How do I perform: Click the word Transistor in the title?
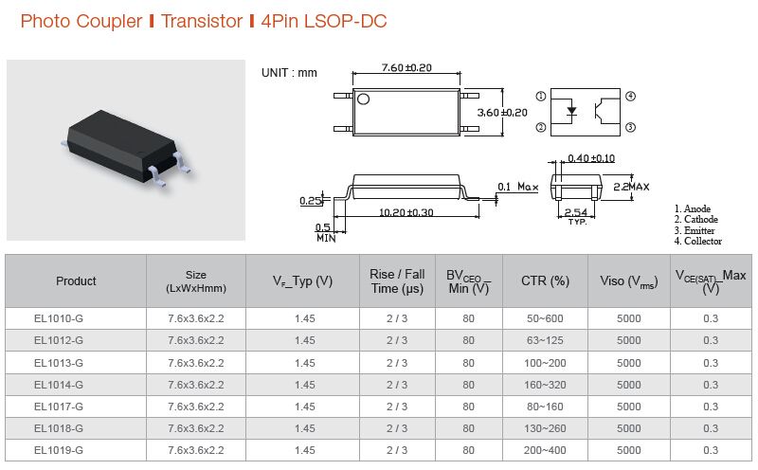pos(202,21)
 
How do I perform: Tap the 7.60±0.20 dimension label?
pos(406,67)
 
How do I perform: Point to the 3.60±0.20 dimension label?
pos(502,113)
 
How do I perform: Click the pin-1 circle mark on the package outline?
pos(363,99)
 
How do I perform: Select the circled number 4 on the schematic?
pos(630,97)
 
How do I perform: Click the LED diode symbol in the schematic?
pos(571,111)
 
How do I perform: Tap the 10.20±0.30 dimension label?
pos(406,212)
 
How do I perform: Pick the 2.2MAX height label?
pos(631,187)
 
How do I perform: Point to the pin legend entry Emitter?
pos(695,230)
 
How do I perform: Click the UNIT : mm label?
pos(289,73)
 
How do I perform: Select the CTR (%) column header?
pos(545,280)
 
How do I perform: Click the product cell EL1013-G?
pos(59,363)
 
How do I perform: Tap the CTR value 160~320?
pos(545,385)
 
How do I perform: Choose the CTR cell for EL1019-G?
pos(545,450)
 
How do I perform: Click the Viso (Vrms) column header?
pos(629,281)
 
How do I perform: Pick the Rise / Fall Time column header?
pos(397,281)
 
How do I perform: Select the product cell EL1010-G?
pos(59,318)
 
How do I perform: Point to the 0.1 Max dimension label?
pos(517,187)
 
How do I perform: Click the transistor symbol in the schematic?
pos(602,111)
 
